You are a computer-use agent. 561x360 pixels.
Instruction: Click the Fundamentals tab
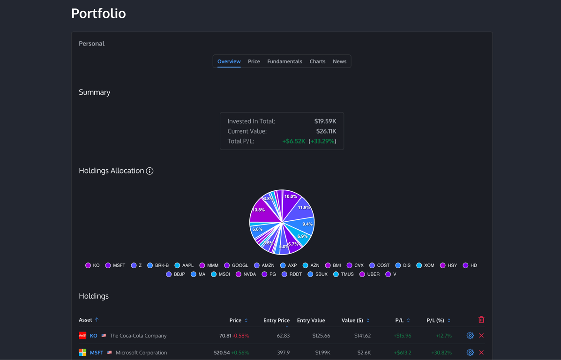[x=284, y=61]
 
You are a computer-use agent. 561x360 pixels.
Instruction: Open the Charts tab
[x=317, y=61]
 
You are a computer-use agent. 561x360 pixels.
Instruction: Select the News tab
[x=339, y=61]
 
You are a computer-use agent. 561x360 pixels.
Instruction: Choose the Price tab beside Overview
[x=254, y=61]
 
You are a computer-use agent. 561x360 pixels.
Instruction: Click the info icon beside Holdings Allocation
[x=150, y=171]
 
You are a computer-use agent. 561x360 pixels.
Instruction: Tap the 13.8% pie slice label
[x=258, y=210]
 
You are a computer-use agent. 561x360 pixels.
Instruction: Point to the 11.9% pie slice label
[x=304, y=207]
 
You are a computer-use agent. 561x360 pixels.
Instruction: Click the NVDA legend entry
[x=247, y=274]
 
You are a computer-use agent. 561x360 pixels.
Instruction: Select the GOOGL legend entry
[x=237, y=265]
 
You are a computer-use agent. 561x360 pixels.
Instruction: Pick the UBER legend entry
[x=370, y=274]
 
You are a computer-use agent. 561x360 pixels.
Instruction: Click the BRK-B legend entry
[x=158, y=265]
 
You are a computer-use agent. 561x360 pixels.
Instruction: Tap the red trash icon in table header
[x=481, y=320]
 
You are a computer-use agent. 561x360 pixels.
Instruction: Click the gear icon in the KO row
[x=470, y=336]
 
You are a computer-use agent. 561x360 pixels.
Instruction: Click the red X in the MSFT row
[x=481, y=352]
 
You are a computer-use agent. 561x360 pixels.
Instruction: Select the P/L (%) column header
[x=435, y=321]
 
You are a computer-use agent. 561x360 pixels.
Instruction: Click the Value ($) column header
[x=352, y=321]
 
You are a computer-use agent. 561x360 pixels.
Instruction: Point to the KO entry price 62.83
[x=283, y=336]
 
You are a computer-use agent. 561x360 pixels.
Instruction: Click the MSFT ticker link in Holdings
[x=97, y=352]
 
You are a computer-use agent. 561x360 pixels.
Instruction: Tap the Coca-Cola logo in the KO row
[x=82, y=336]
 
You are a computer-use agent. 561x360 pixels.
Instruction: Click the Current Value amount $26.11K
[x=326, y=131]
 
